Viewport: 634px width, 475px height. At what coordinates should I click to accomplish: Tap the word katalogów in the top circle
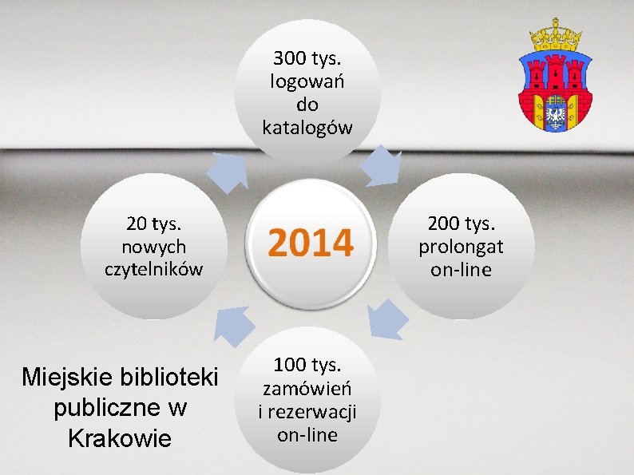click(x=307, y=128)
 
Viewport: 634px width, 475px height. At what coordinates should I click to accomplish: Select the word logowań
click(x=307, y=81)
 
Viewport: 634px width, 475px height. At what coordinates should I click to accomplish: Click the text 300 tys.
click(x=307, y=58)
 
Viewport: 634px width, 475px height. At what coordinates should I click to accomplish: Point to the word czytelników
click(x=154, y=267)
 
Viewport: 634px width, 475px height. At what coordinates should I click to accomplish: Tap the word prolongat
click(x=461, y=246)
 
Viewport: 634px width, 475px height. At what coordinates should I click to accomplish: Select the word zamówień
click(x=307, y=389)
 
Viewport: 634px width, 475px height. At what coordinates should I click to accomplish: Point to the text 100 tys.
click(x=307, y=366)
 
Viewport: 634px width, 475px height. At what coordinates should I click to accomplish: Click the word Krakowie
click(x=120, y=437)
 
